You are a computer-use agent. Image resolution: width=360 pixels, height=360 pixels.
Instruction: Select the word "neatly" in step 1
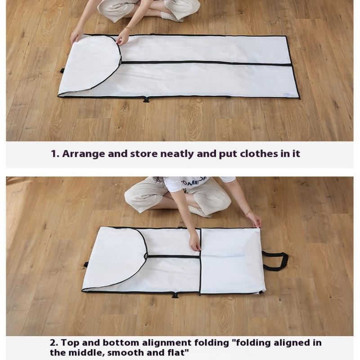177,154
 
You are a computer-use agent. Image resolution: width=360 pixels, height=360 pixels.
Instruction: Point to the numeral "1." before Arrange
55,153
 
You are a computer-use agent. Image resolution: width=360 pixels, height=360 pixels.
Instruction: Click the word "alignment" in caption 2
166,343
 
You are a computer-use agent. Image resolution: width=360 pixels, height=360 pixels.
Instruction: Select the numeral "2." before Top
54,343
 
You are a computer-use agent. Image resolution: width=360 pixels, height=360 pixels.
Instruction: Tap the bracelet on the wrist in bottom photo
248,212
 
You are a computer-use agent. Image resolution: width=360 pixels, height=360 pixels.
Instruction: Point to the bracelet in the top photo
128,29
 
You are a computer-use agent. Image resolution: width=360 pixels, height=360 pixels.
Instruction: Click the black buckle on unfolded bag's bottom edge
146,99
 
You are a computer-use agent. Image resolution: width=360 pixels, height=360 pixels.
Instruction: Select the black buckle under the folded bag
175,295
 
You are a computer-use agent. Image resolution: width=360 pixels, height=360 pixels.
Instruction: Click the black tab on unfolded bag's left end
62,71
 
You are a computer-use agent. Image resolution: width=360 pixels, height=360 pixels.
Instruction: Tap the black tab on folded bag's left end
86,264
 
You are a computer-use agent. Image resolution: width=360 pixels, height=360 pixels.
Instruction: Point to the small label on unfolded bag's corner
287,94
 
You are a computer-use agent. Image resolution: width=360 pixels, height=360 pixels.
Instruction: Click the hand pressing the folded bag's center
194,242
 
